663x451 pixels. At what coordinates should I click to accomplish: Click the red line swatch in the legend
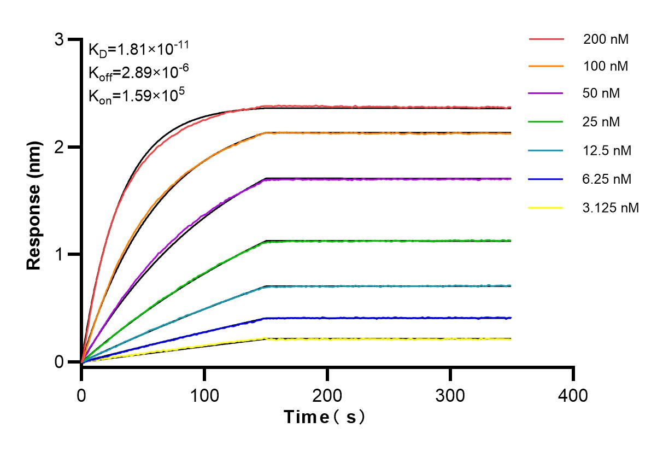click(x=546, y=39)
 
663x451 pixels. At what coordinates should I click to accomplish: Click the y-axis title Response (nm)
click(x=34, y=201)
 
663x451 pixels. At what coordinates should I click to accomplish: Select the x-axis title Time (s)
click(x=325, y=417)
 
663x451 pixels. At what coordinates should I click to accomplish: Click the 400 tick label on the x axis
click(x=573, y=395)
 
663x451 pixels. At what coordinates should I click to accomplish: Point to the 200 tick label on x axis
click(x=327, y=395)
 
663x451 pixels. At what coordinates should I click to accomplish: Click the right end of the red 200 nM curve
click(x=511, y=108)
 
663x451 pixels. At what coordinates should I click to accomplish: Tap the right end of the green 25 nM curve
click(x=511, y=240)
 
